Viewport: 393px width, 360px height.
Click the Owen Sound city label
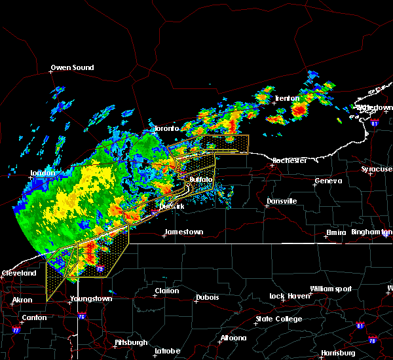73,67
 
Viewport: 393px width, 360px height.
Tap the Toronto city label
166,129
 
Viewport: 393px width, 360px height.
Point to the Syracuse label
377,169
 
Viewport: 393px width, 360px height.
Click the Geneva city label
328,181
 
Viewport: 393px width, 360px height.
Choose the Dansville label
282,201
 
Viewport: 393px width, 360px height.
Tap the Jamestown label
183,232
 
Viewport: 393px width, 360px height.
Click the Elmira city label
340,232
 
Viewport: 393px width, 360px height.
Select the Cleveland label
18,272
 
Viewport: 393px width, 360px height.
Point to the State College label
279,319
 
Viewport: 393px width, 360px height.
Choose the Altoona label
233,338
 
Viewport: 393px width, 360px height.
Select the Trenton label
287,98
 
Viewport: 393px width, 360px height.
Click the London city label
41,173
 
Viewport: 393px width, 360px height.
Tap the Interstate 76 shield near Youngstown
82,317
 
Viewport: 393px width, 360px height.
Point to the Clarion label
167,291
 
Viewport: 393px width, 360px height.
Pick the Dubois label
207,298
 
